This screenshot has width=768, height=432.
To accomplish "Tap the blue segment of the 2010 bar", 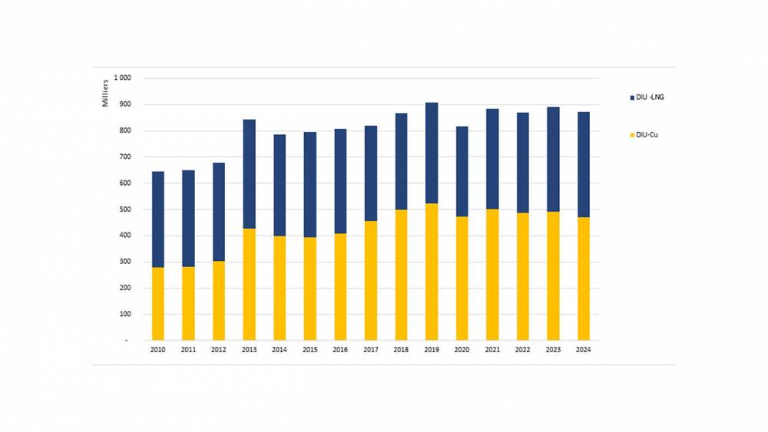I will (158, 219).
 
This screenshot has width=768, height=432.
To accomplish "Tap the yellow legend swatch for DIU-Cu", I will (631, 135).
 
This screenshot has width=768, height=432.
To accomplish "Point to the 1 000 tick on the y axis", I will (122, 78).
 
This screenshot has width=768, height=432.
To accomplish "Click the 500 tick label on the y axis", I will (124, 209).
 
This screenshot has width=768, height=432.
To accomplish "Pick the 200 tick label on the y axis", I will (124, 288).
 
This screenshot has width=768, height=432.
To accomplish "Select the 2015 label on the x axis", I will (310, 350).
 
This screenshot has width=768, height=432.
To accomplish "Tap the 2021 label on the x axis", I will (492, 350).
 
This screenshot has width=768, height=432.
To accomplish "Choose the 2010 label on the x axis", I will (158, 350).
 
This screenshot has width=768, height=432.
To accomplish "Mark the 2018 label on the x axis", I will (402, 350).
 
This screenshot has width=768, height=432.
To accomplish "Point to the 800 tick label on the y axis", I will (124, 130).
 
